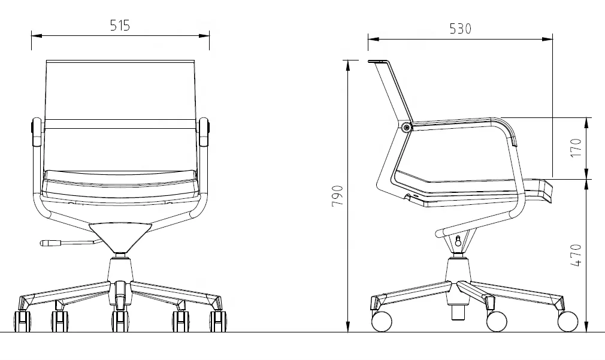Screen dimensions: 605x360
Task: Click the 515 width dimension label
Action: (x=120, y=26)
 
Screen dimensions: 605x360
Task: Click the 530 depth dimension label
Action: (x=460, y=29)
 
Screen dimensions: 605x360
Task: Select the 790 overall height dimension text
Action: (x=337, y=196)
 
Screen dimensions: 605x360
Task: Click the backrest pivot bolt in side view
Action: (x=406, y=128)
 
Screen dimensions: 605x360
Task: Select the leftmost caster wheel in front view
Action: (x=22, y=321)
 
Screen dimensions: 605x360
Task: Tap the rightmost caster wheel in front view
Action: (x=218, y=321)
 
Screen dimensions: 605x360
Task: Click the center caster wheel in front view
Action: (x=120, y=321)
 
